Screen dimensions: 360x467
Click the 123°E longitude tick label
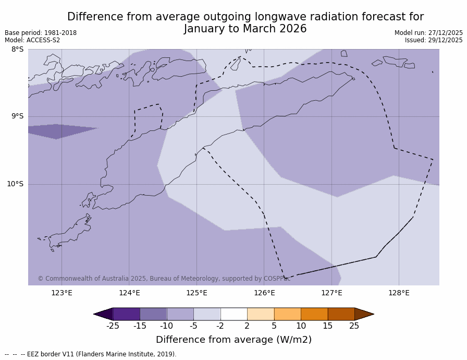[62, 293]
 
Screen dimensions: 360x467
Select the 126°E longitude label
[264, 293]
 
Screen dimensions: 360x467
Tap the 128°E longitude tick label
[399, 293]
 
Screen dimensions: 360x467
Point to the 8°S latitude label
[18, 50]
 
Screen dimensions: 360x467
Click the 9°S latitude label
[18, 116]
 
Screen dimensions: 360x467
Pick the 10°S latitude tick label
[15, 184]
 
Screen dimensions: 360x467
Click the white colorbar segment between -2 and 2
[233, 314]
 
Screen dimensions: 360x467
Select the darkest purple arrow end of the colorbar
[104, 314]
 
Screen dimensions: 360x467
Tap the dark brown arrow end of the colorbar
[364, 314]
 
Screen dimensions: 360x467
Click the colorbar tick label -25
[113, 326]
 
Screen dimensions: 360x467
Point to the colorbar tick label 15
[327, 326]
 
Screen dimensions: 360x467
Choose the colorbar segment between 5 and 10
[287, 314]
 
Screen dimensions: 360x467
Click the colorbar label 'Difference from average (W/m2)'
[233, 340]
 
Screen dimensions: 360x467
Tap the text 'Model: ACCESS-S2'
[32, 40]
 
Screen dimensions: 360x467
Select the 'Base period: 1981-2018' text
[41, 33]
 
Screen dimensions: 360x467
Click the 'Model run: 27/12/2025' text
[428, 33]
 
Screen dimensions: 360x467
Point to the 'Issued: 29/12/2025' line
[434, 40]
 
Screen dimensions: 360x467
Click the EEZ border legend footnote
[91, 354]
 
